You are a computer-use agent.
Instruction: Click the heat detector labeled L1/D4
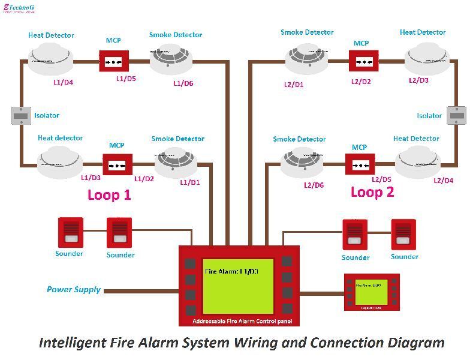50,60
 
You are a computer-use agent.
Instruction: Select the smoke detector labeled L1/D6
171,60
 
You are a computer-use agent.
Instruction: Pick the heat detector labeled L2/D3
426,60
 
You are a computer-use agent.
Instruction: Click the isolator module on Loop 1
21,115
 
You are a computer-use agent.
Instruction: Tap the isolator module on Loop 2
457,115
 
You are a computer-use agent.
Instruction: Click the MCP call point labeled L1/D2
117,164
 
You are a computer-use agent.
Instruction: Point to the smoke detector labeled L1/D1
176,161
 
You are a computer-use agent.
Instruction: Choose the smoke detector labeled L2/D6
302,163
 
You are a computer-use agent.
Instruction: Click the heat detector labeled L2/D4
417,162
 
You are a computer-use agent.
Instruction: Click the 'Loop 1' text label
109,194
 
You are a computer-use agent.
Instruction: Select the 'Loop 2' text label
372,192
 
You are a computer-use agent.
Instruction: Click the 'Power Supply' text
74,290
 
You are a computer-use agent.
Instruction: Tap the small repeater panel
372,292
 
